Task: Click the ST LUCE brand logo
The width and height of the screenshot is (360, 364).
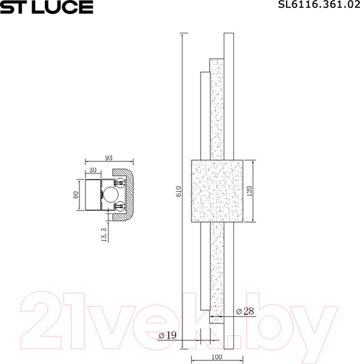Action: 47,7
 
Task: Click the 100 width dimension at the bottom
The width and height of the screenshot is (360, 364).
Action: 218,358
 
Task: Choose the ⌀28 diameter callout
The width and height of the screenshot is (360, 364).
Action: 244,311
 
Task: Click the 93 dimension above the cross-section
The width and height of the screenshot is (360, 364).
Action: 109,158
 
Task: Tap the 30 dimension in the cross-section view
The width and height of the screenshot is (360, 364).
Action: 93,170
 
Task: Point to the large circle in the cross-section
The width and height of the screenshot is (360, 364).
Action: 110,194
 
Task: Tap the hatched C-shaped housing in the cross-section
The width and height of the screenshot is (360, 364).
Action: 129,194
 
